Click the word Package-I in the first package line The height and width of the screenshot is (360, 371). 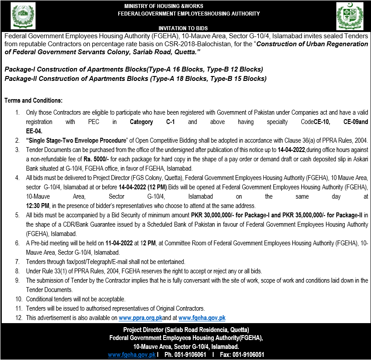(21, 70)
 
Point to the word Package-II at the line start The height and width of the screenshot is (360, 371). (22, 79)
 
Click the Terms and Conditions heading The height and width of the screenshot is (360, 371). (33, 101)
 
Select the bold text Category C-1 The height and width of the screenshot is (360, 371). (148, 122)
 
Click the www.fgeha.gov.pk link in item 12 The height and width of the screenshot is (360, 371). (202, 318)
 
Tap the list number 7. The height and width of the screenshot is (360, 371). (17, 262)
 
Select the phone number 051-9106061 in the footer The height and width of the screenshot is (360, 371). (191, 355)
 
